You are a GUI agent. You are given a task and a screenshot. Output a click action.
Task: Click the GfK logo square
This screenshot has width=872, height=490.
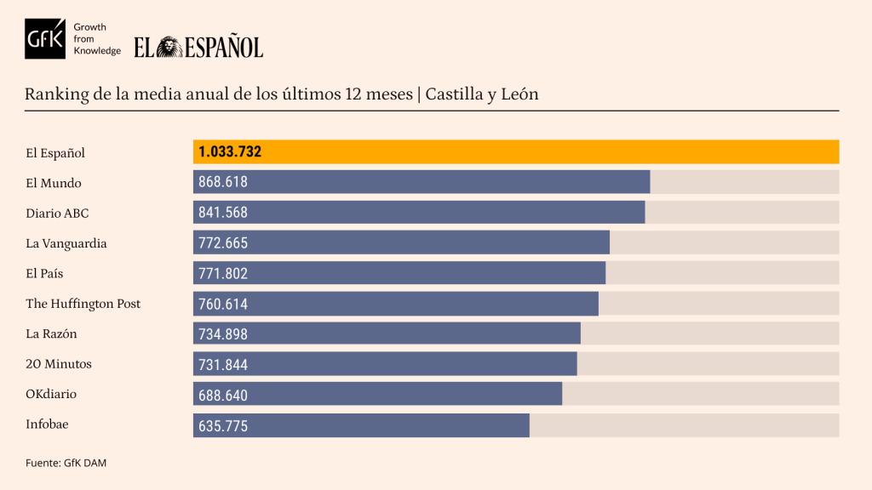click(44, 38)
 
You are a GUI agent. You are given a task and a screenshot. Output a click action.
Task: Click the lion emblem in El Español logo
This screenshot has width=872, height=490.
click(169, 47)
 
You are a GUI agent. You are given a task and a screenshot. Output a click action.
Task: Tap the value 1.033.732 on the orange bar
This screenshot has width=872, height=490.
click(230, 152)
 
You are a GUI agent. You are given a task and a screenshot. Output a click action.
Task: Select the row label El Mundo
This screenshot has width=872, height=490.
click(53, 183)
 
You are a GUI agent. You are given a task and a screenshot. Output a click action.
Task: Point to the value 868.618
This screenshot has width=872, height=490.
click(223, 183)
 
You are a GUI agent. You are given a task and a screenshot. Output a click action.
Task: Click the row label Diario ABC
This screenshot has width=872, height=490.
click(57, 214)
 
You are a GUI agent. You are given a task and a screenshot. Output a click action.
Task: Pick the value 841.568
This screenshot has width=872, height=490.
click(223, 213)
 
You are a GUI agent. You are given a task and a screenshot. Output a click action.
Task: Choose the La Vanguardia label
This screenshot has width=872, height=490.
click(66, 243)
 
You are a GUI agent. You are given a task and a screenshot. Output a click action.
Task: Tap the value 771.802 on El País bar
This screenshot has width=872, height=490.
click(223, 274)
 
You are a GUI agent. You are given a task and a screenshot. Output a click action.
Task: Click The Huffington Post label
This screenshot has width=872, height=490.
click(83, 304)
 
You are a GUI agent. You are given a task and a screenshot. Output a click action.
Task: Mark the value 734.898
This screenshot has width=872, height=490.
click(223, 334)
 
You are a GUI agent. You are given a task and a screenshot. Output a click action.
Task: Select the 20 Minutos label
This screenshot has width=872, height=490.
click(59, 364)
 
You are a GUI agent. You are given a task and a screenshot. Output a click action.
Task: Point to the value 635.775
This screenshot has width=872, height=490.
click(223, 425)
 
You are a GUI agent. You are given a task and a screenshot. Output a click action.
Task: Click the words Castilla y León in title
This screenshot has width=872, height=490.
click(482, 94)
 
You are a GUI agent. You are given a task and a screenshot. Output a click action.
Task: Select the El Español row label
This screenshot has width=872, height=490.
click(55, 153)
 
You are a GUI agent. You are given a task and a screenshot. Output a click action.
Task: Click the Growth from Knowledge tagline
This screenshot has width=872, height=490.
click(96, 39)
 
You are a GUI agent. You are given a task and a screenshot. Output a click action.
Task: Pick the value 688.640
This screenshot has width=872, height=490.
click(223, 395)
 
